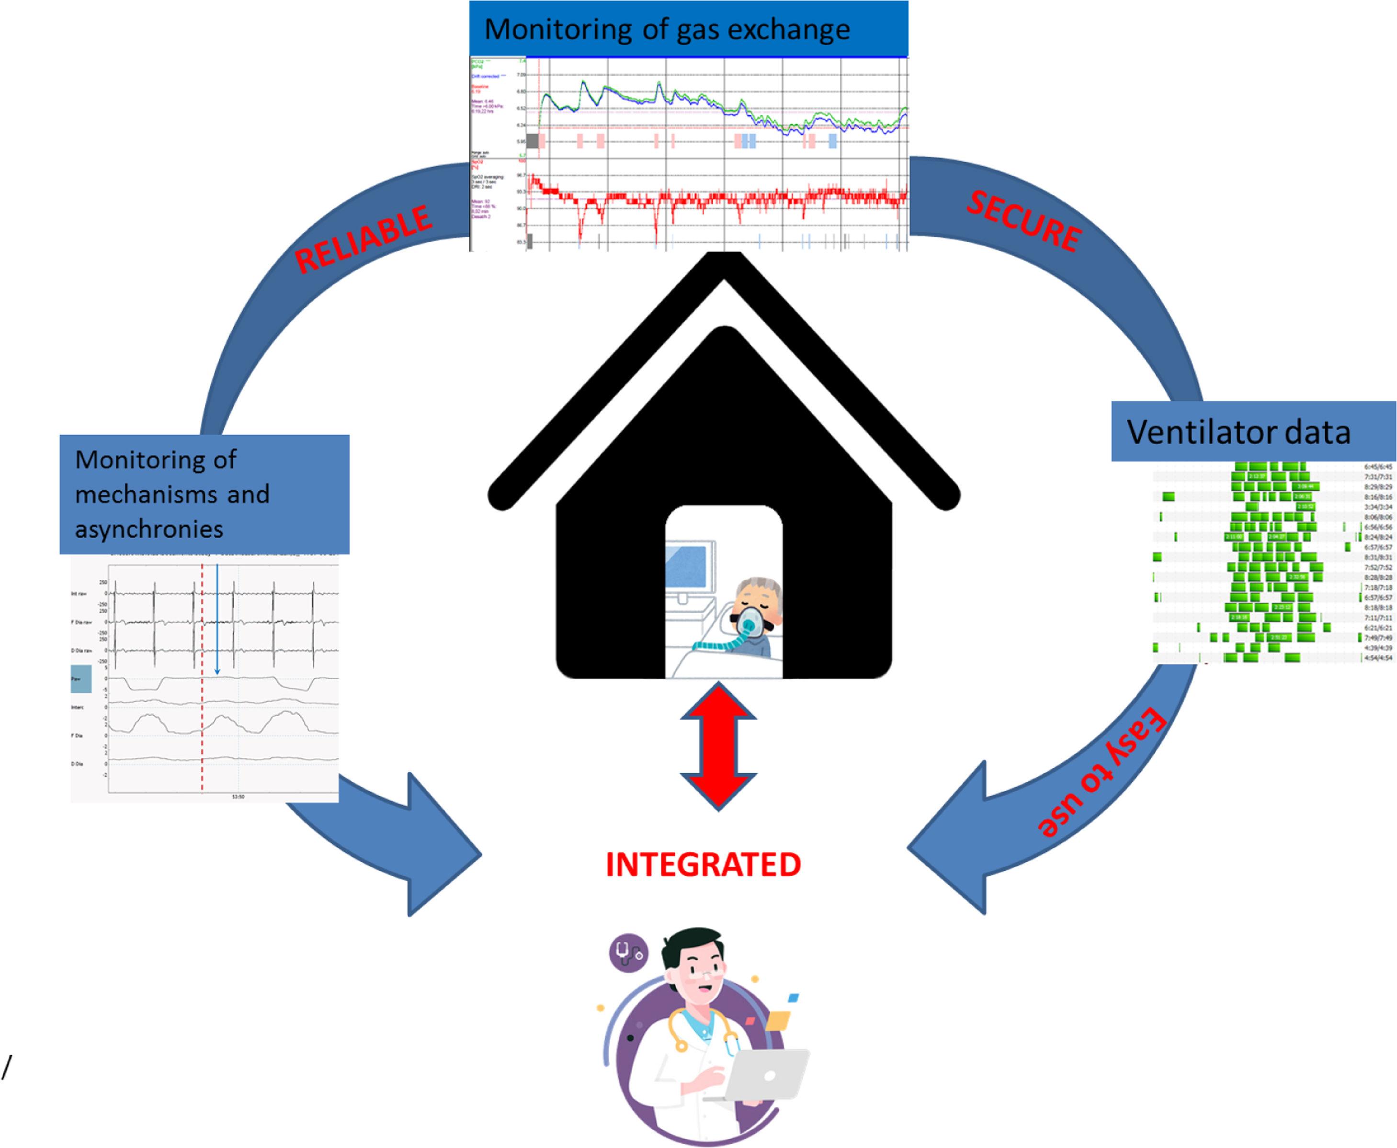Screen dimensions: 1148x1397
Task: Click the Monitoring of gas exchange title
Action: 667,30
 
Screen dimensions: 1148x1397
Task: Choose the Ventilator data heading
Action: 1238,432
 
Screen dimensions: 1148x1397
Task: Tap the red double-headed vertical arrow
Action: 718,746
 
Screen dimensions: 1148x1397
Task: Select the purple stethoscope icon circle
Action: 628,952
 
